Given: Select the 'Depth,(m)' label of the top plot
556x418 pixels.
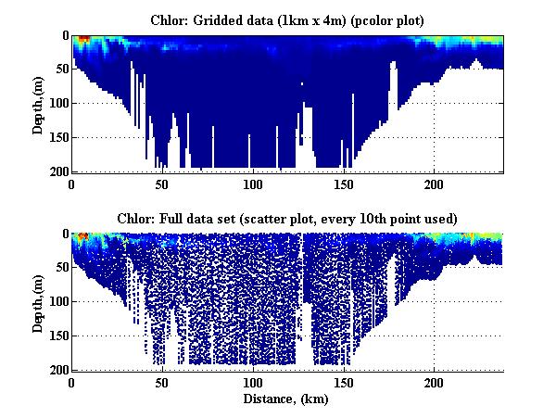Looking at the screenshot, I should pyautogui.click(x=38, y=104).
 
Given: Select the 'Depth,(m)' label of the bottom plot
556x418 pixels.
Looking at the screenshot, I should pyautogui.click(x=38, y=302).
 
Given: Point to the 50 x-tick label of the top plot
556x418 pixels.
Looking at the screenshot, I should pyautogui.click(x=162, y=184).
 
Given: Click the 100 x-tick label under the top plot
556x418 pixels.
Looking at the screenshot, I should pyautogui.click(x=252, y=184).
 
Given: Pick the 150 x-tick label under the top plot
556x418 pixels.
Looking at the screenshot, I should pyautogui.click(x=343, y=184).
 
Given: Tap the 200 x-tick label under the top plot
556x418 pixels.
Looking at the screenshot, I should pyautogui.click(x=433, y=184).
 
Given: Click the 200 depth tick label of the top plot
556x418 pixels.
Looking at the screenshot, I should pyautogui.click(x=57, y=171).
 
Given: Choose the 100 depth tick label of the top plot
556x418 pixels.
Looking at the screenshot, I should pyautogui.click(x=57, y=104).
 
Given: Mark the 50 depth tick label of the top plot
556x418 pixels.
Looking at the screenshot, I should pyautogui.click(x=60, y=70).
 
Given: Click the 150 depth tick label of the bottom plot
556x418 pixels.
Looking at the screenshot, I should pyautogui.click(x=57, y=336).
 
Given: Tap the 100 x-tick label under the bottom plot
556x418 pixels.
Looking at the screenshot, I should pyautogui.click(x=252, y=383).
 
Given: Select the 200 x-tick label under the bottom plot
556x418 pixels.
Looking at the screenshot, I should pyautogui.click(x=433, y=383).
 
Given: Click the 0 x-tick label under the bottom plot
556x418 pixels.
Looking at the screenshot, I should pyautogui.click(x=71, y=383).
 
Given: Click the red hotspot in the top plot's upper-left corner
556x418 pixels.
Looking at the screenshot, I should pyautogui.click(x=82, y=40).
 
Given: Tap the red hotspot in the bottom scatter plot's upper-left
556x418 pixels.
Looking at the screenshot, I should pyautogui.click(x=82, y=237).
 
